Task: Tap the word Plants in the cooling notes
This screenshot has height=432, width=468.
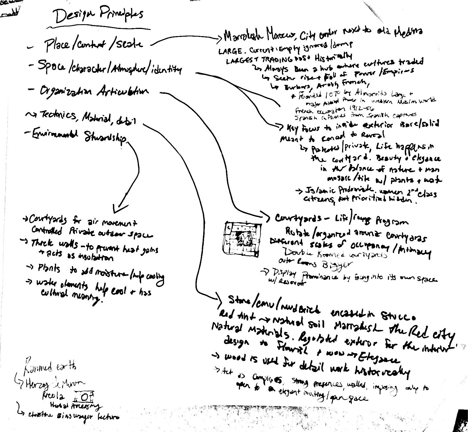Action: click(x=48, y=268)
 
